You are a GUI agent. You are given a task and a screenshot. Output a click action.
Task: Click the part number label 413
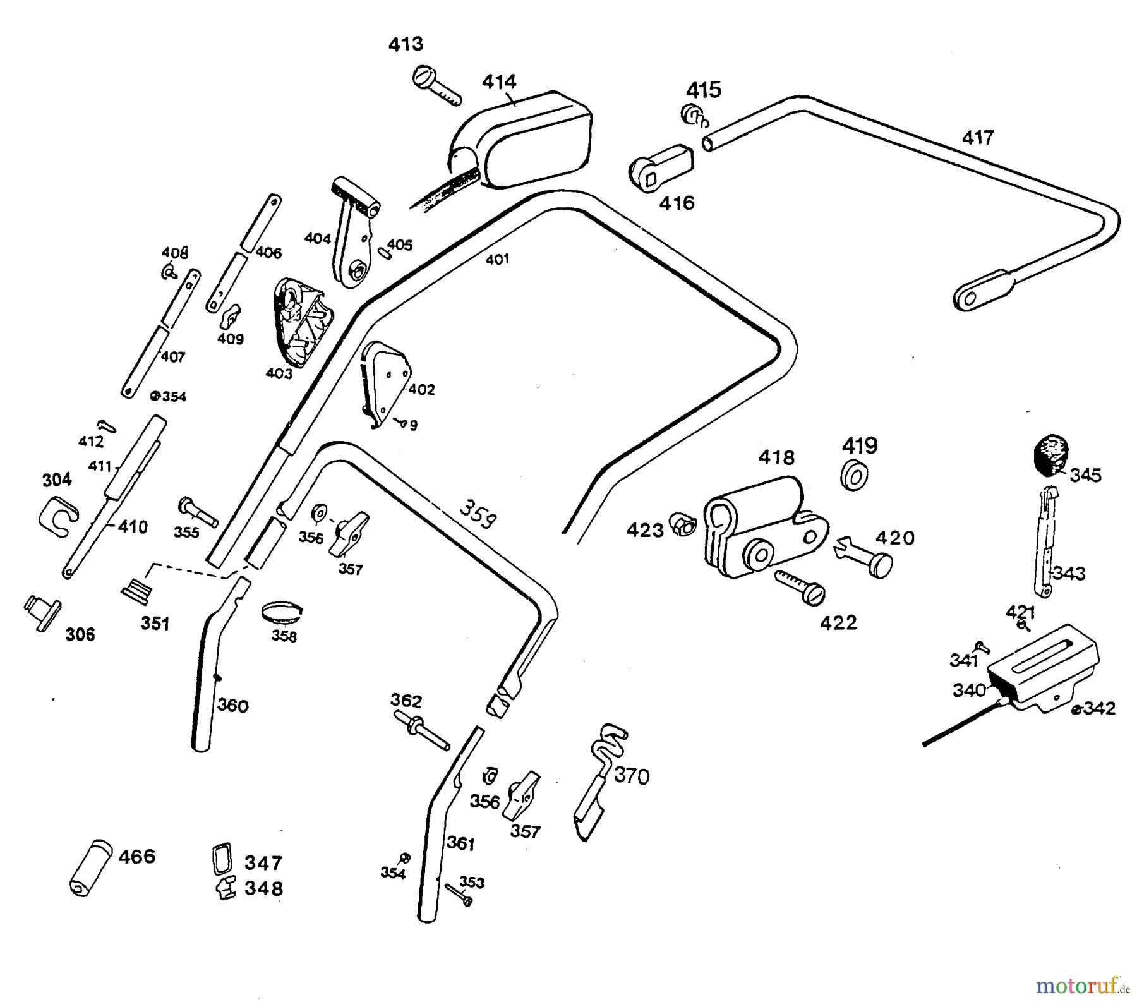pyautogui.click(x=406, y=44)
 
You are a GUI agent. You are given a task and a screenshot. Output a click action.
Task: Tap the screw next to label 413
pyautogui.click(x=436, y=87)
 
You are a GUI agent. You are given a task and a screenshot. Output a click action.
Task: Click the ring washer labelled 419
pyautogui.click(x=854, y=474)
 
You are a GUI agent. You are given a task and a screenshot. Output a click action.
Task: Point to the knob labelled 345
pyautogui.click(x=1050, y=454)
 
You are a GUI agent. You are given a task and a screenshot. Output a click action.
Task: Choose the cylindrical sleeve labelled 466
pyautogui.click(x=90, y=867)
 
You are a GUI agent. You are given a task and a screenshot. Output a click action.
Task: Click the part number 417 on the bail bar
pyautogui.click(x=978, y=138)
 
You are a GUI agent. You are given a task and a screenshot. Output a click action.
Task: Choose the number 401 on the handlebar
pyautogui.click(x=497, y=259)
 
